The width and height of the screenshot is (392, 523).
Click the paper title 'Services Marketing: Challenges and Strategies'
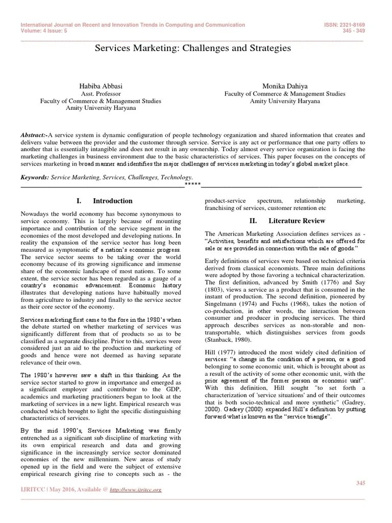click(193, 48)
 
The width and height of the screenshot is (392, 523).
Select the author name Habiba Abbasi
click(101, 86)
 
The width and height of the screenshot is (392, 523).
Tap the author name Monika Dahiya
click(285, 86)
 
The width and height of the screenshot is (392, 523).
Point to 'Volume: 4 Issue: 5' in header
click(44, 30)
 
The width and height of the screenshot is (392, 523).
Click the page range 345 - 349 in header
click(354, 30)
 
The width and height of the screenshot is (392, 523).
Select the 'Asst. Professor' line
click(101, 93)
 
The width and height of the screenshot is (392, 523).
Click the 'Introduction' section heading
click(112, 201)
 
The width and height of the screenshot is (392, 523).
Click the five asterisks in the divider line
click(192, 185)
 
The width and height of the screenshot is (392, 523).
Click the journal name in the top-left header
click(133, 25)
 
